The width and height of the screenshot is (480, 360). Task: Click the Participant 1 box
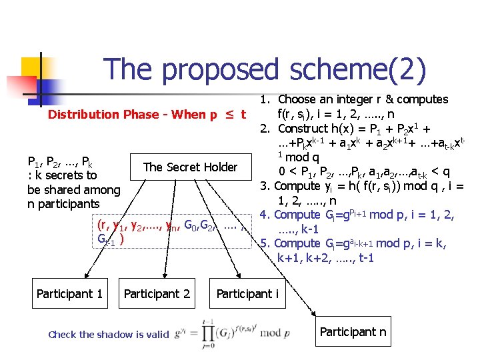tap(69, 293)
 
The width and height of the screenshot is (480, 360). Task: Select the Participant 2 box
tap(157, 293)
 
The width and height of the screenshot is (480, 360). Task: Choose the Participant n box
tap(353, 331)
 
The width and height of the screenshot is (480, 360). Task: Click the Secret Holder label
tap(190, 167)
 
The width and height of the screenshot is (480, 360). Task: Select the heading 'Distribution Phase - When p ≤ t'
tap(147, 114)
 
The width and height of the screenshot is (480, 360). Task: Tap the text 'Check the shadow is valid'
tap(109, 335)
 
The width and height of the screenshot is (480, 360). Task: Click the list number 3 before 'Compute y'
tap(265, 186)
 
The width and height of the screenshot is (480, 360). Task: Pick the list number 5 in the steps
tap(265, 243)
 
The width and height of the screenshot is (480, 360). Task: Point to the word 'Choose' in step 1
tap(299, 99)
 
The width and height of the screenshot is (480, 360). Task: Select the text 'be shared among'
tap(73, 189)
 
